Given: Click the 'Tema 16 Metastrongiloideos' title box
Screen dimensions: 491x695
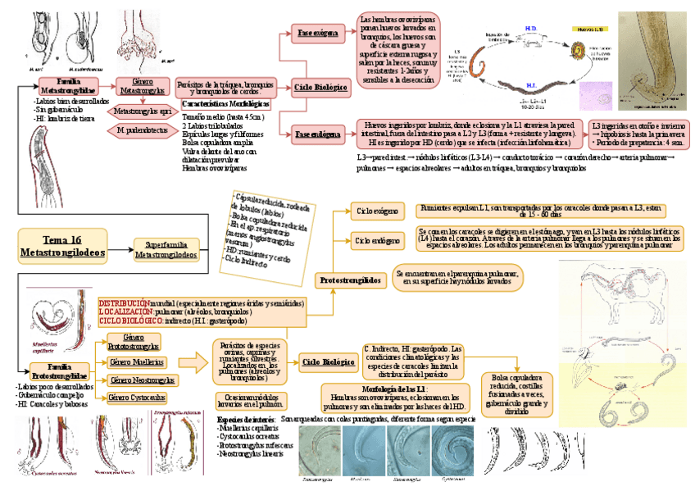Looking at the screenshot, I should pyautogui.click(x=63, y=247).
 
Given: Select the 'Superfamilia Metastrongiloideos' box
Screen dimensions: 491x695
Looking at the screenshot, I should pyautogui.click(x=166, y=250).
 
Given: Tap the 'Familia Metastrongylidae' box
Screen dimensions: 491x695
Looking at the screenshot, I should pyautogui.click(x=68, y=85).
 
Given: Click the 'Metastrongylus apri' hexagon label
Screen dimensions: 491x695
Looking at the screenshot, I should pyautogui.click(x=143, y=110).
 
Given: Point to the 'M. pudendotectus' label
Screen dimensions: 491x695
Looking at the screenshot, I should pyautogui.click(x=143, y=130).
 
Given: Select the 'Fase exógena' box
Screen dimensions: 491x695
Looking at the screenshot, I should pyautogui.click(x=317, y=34).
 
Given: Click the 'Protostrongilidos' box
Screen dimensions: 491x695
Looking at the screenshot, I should pyautogui.click(x=350, y=280).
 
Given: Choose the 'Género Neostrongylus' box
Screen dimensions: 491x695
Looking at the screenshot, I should pyautogui.click(x=142, y=380).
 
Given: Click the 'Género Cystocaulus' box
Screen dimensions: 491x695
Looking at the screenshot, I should pyautogui.click(x=136, y=398).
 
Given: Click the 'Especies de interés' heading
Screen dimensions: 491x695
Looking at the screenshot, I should pyautogui.click(x=246, y=420).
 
